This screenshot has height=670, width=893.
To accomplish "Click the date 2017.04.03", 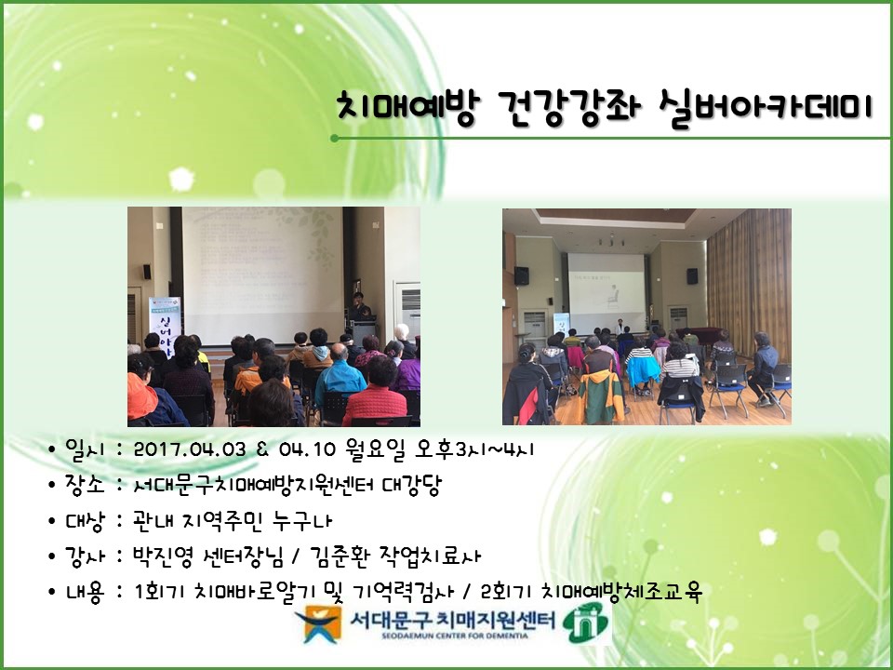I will coord(190,449).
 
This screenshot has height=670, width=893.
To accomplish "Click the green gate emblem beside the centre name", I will coord(587,623).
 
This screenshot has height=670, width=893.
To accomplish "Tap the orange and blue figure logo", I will coord(324,624).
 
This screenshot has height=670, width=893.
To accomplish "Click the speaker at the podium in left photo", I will coord(357,304).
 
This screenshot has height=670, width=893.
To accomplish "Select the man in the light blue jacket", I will coord(340,378).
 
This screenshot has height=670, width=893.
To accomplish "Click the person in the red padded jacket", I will coord(375,396).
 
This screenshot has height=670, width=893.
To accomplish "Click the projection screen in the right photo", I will coord(606,284).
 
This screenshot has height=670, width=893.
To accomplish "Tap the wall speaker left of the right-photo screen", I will coord(523,275).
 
